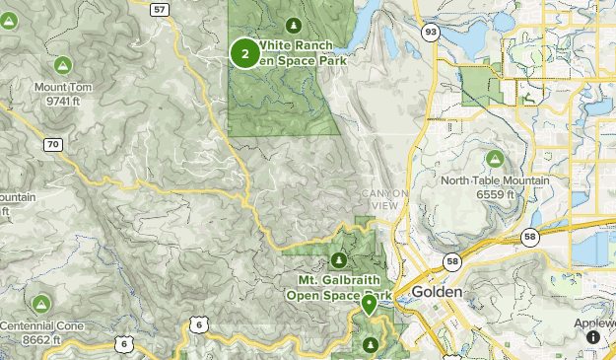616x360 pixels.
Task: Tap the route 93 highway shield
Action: (x=431, y=33)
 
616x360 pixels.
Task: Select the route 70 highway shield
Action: (x=53, y=145)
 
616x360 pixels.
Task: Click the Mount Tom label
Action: (x=63, y=88)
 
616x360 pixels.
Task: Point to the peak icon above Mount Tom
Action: (x=62, y=66)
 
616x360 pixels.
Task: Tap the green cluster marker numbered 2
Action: (x=244, y=52)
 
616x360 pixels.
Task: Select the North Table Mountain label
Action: (x=495, y=180)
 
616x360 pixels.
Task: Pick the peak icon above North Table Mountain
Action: (x=494, y=159)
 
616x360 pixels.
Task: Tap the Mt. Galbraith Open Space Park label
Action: (x=339, y=286)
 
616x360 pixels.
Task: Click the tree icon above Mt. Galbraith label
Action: (x=339, y=260)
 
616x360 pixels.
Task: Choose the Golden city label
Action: (x=437, y=293)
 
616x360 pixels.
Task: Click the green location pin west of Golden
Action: (x=369, y=305)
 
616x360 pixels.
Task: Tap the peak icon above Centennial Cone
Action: (x=41, y=304)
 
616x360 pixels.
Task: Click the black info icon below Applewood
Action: (x=593, y=337)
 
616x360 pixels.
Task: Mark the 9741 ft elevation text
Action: (x=63, y=101)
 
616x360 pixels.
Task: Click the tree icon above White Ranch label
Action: (x=292, y=25)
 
